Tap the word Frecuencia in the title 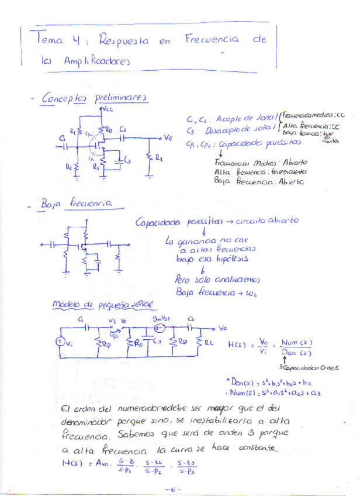point(211,39)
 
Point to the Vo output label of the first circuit point(168,138)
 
